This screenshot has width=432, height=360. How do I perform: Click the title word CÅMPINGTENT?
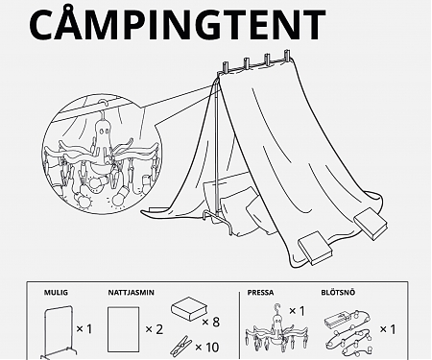pyautogui.click(x=177, y=25)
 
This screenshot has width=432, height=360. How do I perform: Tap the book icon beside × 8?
pyautogui.click(x=188, y=310)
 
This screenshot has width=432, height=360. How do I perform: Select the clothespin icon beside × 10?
pyautogui.click(x=181, y=342)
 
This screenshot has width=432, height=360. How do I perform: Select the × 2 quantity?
pyautogui.click(x=155, y=328)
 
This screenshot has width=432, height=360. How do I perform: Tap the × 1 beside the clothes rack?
pyautogui.click(x=84, y=328)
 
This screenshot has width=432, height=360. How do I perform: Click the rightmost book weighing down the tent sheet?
pyautogui.click(x=370, y=223)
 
